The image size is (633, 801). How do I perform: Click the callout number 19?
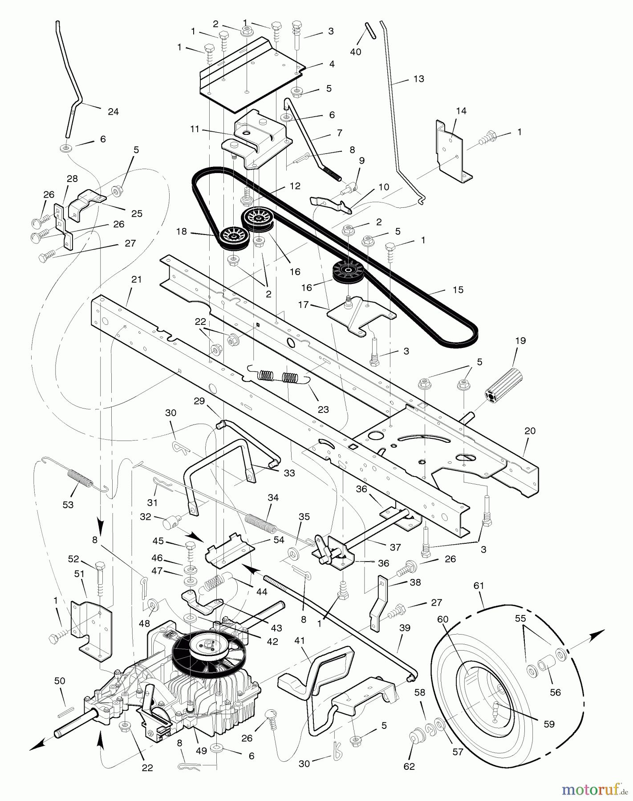pos(520,340)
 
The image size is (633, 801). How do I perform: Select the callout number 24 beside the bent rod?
pos(114,112)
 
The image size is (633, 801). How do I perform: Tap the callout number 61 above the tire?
pos(479,586)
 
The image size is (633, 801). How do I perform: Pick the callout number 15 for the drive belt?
pos(458,290)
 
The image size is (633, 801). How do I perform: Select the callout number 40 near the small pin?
pos(355,52)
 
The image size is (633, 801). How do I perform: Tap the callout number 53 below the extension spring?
pos(68,505)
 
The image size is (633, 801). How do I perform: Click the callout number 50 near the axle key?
pos(60,681)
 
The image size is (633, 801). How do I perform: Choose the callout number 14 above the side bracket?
pos(461,111)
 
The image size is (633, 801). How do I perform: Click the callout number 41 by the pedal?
pos(300,640)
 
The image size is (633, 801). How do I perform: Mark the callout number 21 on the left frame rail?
pos(136,279)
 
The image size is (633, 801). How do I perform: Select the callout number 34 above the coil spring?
pos(273,498)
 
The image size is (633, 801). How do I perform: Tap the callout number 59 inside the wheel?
pos(549,724)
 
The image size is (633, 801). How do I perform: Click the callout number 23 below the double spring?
pos(323,409)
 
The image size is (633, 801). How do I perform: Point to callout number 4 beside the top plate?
pos(332,64)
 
